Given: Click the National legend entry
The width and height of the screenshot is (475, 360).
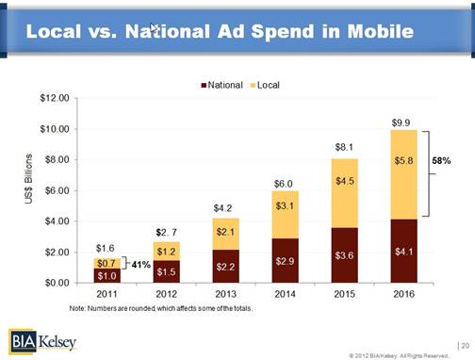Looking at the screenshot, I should (x=225, y=85).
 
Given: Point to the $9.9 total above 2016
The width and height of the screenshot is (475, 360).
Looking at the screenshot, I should (x=401, y=123).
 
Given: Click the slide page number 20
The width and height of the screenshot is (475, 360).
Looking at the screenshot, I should (x=462, y=345).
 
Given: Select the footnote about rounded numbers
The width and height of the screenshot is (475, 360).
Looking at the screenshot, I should (x=162, y=308).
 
